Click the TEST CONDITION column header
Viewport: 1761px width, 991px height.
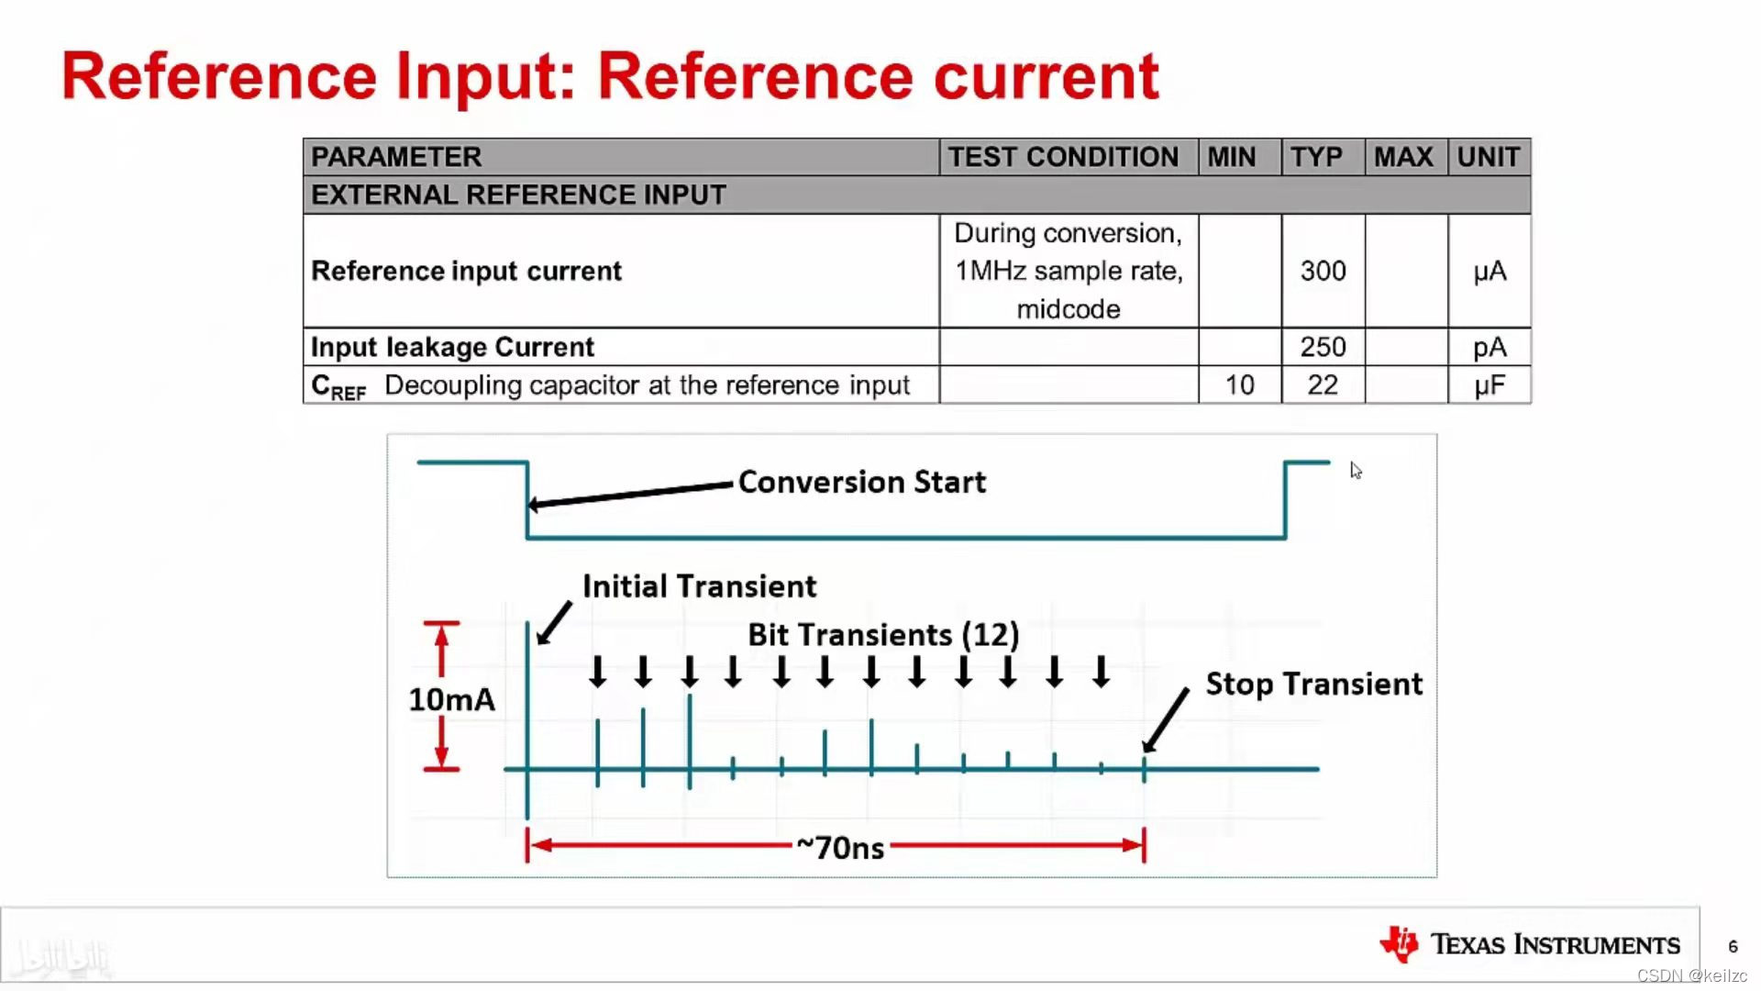click(1063, 157)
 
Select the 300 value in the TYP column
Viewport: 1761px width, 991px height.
click(1323, 271)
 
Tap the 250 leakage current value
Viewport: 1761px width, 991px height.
click(1323, 347)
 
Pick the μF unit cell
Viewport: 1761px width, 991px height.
click(1490, 385)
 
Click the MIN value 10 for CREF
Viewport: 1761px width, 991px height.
click(1239, 385)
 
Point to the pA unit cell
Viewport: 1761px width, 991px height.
click(1490, 347)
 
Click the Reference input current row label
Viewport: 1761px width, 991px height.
click(466, 271)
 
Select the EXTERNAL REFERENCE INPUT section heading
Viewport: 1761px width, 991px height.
click(518, 195)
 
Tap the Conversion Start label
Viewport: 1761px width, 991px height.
click(861, 482)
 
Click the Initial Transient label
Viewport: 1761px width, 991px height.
click(699, 586)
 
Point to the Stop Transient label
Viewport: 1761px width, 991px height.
click(1313, 684)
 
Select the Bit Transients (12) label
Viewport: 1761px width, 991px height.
click(883, 634)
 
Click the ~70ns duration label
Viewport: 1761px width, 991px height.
click(840, 847)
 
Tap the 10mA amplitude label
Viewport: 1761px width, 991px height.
click(451, 699)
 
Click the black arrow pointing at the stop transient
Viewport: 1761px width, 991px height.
click(1166, 721)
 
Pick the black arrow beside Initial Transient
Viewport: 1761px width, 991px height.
click(553, 624)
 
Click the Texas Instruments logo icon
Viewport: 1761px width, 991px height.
click(1400, 943)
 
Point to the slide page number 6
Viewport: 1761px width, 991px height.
click(1733, 946)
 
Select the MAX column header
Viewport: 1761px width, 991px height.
click(1403, 157)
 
